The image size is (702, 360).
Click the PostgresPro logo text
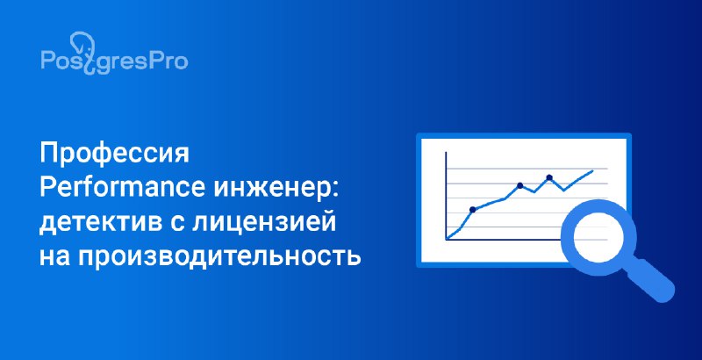pyautogui.click(x=114, y=61)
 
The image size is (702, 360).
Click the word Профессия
pyautogui.click(x=115, y=155)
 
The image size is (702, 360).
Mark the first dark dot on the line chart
pyautogui.click(x=472, y=210)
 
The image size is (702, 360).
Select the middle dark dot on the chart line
pyautogui.click(x=519, y=185)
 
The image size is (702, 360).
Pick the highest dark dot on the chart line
pyautogui.click(x=549, y=177)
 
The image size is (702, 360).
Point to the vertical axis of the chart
pyautogui.click(x=446, y=196)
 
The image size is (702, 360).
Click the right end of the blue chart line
pyautogui.click(x=593, y=170)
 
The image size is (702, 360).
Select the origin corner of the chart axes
pyautogui.click(x=447, y=240)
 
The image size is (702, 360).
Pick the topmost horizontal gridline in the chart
pyautogui.click(x=527, y=169)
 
